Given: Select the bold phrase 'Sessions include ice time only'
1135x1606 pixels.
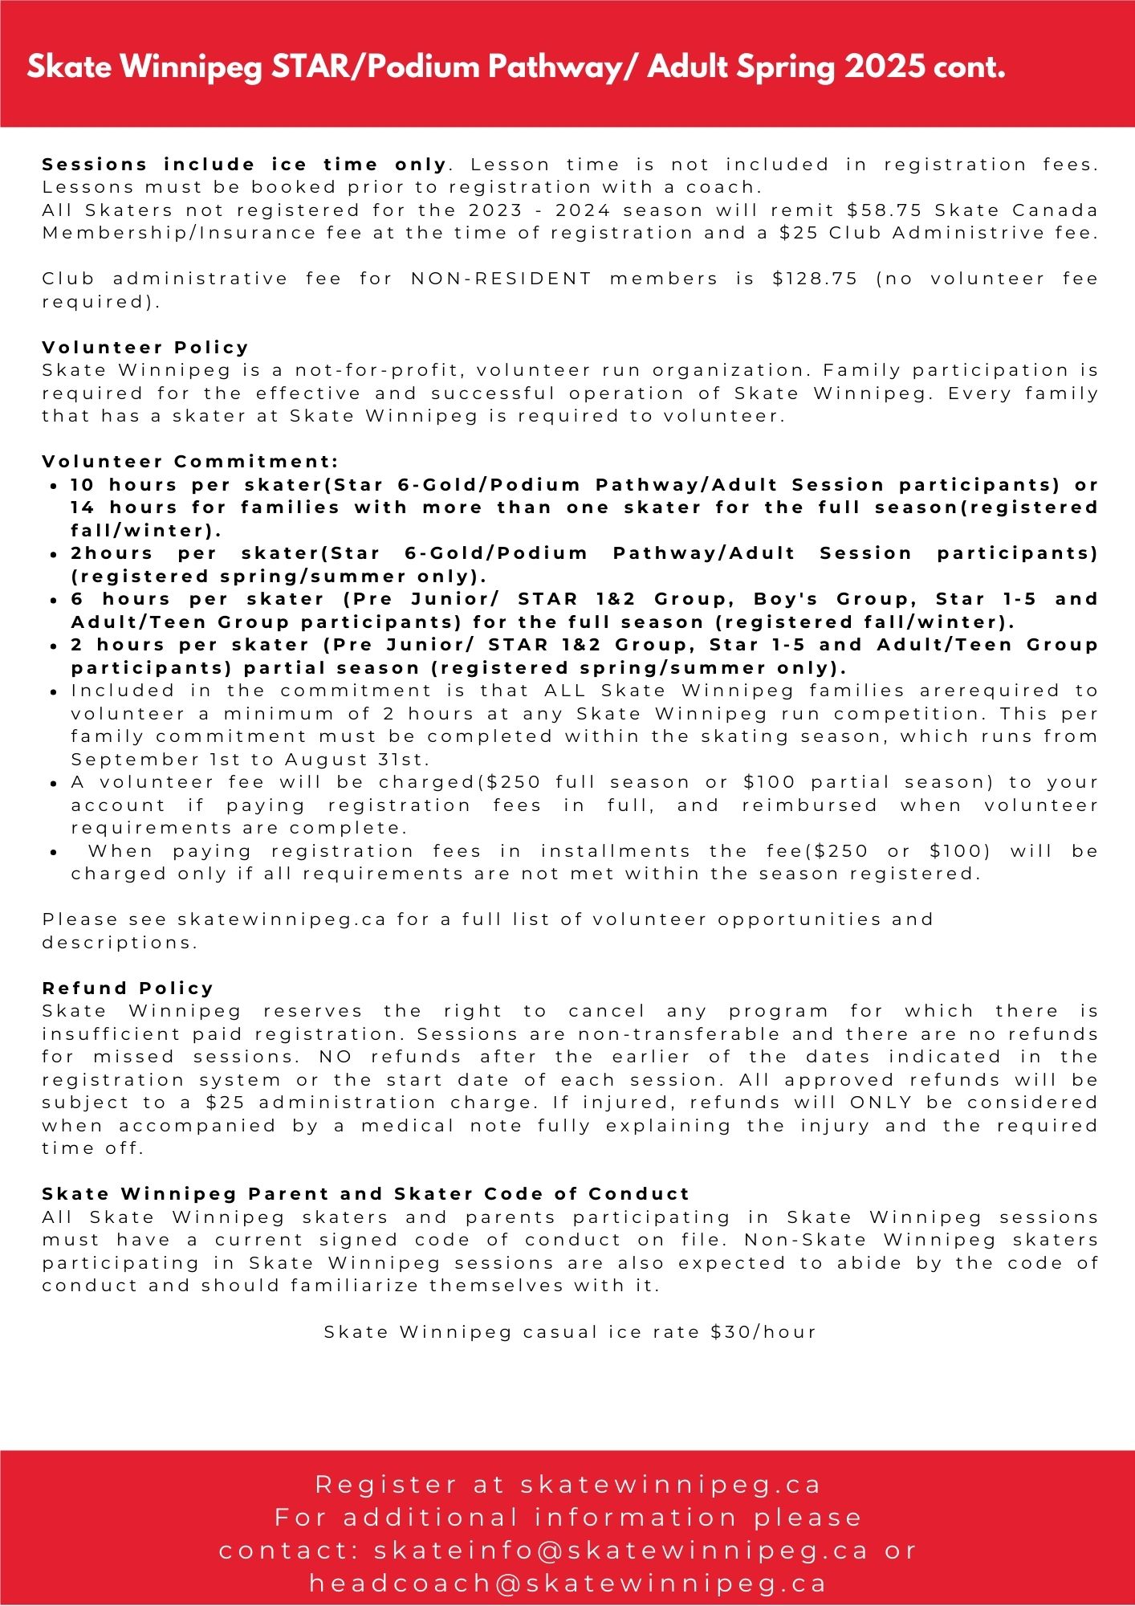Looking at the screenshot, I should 244,165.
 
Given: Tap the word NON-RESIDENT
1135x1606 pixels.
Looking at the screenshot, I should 501,279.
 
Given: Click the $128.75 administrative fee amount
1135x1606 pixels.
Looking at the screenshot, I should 815,279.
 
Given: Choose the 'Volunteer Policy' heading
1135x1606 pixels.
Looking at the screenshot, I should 145,348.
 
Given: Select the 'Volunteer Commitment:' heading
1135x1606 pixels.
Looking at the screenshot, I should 190,462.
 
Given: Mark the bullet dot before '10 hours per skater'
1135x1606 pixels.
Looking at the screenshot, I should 53,486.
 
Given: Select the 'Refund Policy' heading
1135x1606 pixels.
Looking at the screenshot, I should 128,988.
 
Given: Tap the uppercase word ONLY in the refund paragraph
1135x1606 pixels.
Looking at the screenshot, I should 881,1103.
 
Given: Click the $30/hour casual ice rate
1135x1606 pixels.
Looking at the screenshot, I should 763,1332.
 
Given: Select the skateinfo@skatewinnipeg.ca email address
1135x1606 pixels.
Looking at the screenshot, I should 620,1550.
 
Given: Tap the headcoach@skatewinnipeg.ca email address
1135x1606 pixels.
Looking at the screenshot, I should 567,1583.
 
